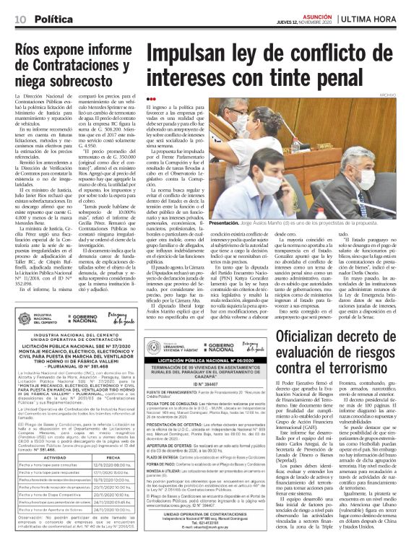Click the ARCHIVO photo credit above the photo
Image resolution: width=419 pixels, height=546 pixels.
pyautogui.click(x=407, y=95)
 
